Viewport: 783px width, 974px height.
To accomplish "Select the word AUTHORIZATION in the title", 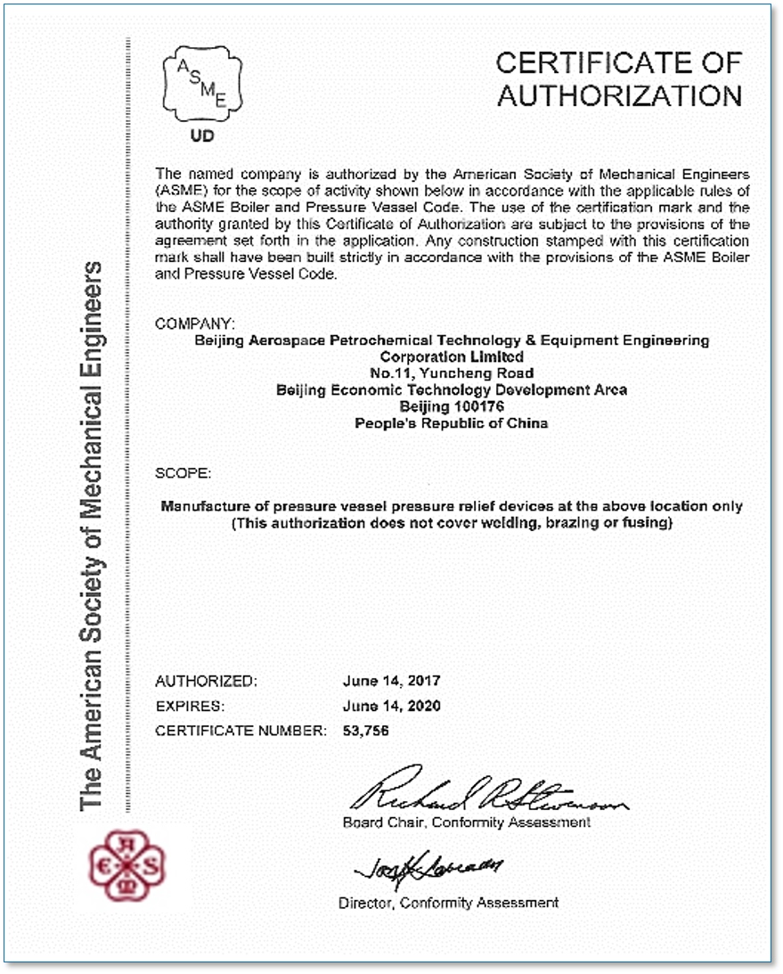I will pyautogui.click(x=619, y=95).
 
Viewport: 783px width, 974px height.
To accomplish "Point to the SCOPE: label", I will pyautogui.click(x=184, y=472).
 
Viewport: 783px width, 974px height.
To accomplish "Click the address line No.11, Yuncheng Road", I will pyautogui.click(x=452, y=372).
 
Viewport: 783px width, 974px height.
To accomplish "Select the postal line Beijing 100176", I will pyautogui.click(x=452, y=406).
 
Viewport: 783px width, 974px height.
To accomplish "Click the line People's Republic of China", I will pyautogui.click(x=452, y=423).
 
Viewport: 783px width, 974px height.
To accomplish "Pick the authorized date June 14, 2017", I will pyautogui.click(x=391, y=681).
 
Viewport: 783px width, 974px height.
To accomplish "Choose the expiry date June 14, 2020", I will pyautogui.click(x=391, y=706).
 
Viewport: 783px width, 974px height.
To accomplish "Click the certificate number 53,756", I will pyautogui.click(x=366, y=731).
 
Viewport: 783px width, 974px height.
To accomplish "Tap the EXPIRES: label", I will pyautogui.click(x=190, y=706).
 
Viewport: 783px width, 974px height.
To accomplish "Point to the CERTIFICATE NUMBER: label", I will pyautogui.click(x=241, y=731).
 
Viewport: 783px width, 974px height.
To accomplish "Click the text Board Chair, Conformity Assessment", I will pyautogui.click(x=466, y=822).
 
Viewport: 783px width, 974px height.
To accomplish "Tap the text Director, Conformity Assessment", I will pyautogui.click(x=448, y=903).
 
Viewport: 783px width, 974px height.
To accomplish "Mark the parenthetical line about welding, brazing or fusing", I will pyautogui.click(x=451, y=523).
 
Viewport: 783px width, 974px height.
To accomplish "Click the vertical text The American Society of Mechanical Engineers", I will pyautogui.click(x=94, y=535).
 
